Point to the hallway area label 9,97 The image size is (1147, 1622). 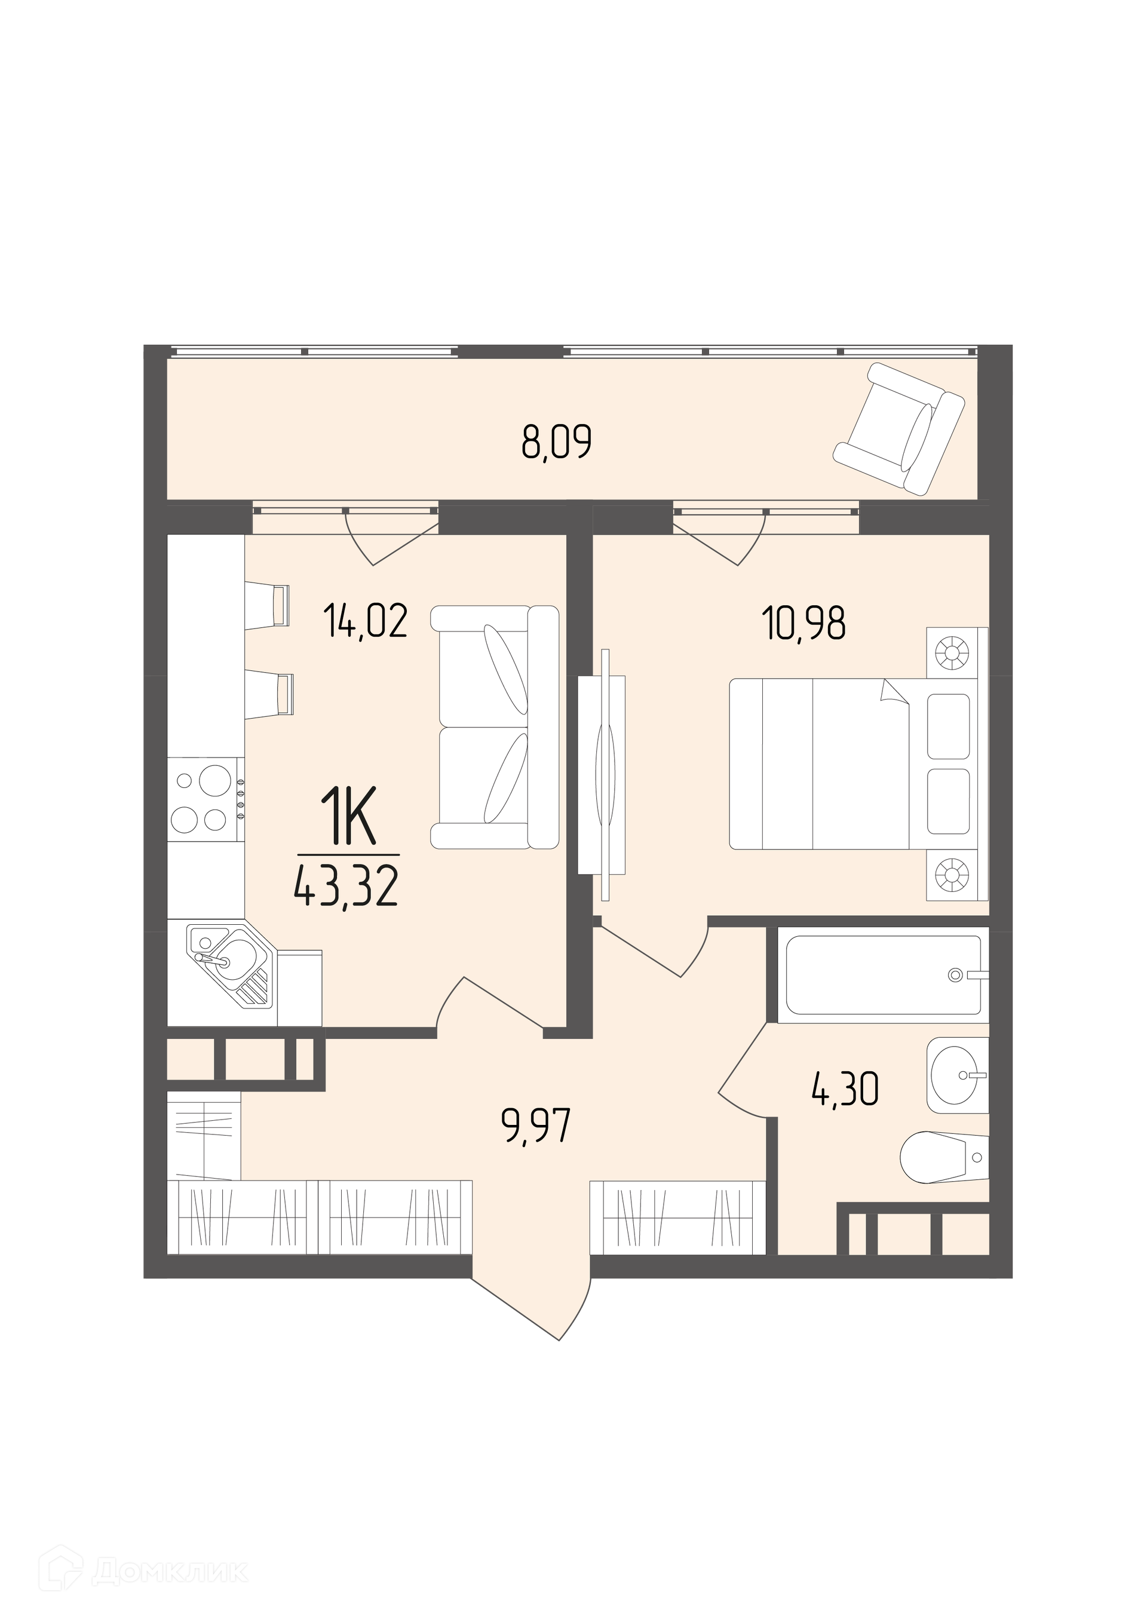535,1126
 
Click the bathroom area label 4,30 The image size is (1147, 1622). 845,1089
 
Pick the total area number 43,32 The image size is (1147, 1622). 346,887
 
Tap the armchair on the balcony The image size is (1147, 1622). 898,428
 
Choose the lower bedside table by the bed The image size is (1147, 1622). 957,875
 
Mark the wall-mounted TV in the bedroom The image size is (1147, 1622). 602,775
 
